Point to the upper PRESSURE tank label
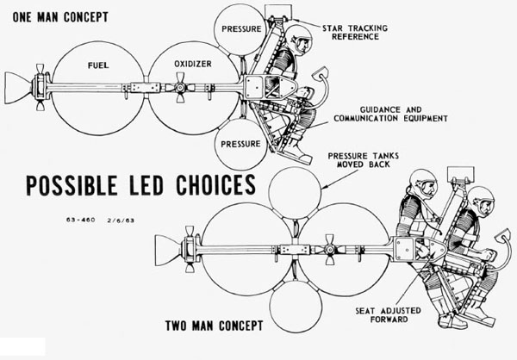(x=240, y=28)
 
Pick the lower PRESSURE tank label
(x=240, y=145)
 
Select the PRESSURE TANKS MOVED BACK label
(x=370, y=162)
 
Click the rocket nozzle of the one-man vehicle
(x=18, y=84)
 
